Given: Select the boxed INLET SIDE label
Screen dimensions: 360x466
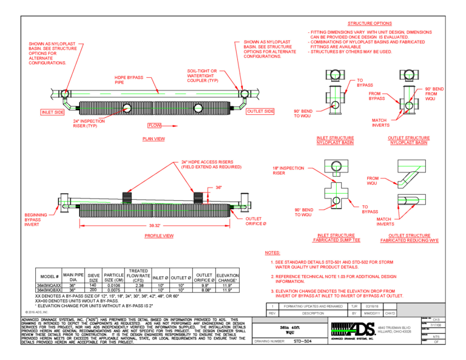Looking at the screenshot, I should tap(53, 112).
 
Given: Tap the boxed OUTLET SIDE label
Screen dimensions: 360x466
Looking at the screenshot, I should tap(260, 111).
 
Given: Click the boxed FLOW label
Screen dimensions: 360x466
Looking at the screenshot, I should tap(155, 125).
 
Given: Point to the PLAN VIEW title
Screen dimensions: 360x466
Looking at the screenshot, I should tap(153, 139).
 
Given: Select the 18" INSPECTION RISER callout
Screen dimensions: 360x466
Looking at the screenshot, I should tap(288, 170).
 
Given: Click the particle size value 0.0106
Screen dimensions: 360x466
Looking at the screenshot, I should tap(113, 285).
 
